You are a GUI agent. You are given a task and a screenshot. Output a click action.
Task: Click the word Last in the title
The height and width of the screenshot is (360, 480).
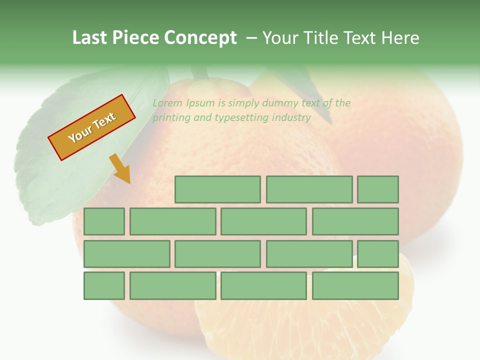pyautogui.click(x=90, y=38)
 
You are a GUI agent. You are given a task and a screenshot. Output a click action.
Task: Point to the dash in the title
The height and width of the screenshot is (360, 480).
pyautogui.click(x=252, y=38)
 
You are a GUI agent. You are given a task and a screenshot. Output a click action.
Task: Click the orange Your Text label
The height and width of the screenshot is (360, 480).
pyautogui.click(x=91, y=127)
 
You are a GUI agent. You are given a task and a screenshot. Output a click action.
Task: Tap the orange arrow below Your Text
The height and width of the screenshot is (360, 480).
pyautogui.click(x=120, y=168)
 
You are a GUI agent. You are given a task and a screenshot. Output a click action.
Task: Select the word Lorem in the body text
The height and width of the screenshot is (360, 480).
pyautogui.click(x=167, y=103)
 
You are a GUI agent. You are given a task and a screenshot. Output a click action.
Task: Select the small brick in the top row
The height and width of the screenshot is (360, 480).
pyautogui.click(x=377, y=189)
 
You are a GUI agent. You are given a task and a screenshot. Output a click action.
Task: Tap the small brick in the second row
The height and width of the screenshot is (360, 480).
pyautogui.click(x=104, y=221)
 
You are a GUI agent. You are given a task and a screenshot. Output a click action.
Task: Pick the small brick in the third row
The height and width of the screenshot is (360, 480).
pyautogui.click(x=377, y=254)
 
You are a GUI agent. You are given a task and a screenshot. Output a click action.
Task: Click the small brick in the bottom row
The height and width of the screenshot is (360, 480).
pyautogui.click(x=104, y=286)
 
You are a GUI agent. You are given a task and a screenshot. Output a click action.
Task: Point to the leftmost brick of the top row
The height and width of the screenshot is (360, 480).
pyautogui.click(x=217, y=189)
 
